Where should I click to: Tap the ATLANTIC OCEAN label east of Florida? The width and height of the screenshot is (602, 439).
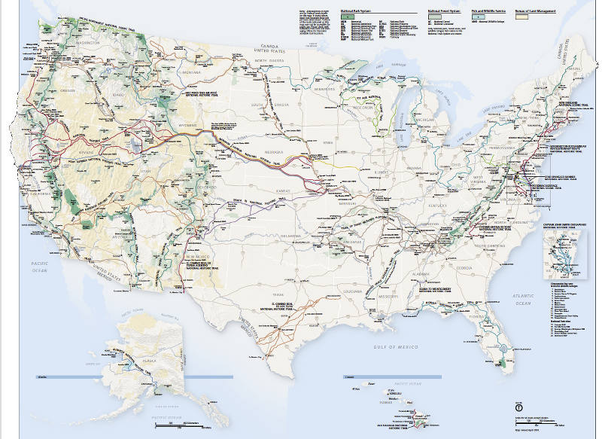point(522,300)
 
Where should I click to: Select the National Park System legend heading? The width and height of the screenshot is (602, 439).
point(358,11)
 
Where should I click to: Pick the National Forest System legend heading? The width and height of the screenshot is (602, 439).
point(444,11)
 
